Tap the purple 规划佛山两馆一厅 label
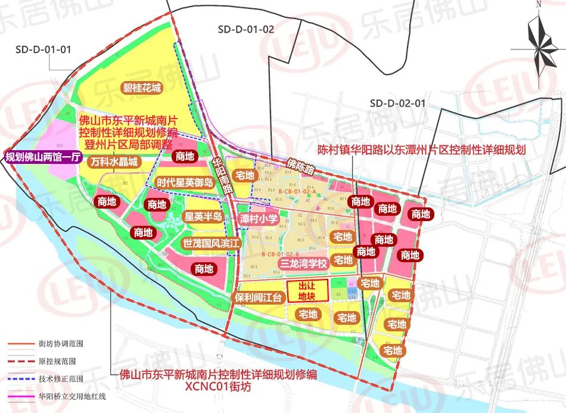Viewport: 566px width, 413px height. [39, 157]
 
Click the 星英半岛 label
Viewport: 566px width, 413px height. [203, 216]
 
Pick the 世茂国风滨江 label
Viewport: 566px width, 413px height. [210, 244]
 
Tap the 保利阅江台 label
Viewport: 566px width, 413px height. [257, 298]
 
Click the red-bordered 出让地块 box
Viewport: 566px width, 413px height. [307, 291]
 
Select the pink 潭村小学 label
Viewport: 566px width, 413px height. [259, 219]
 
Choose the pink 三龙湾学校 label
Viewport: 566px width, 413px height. [304, 263]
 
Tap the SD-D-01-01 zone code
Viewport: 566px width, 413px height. [43, 49]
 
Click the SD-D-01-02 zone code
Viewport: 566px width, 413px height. [245, 29]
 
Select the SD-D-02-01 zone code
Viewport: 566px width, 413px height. [397, 103]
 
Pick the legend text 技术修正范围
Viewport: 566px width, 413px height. [61, 378]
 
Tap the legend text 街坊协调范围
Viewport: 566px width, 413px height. [61, 344]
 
